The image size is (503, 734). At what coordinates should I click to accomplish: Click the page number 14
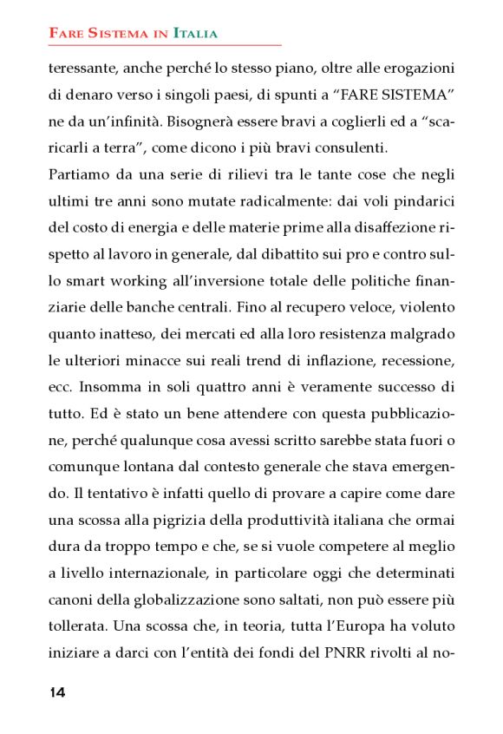pyautogui.click(x=57, y=691)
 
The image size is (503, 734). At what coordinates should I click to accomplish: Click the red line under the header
pyautogui.click(x=165, y=44)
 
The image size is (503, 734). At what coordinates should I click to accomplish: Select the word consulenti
pyautogui.click(x=354, y=147)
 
